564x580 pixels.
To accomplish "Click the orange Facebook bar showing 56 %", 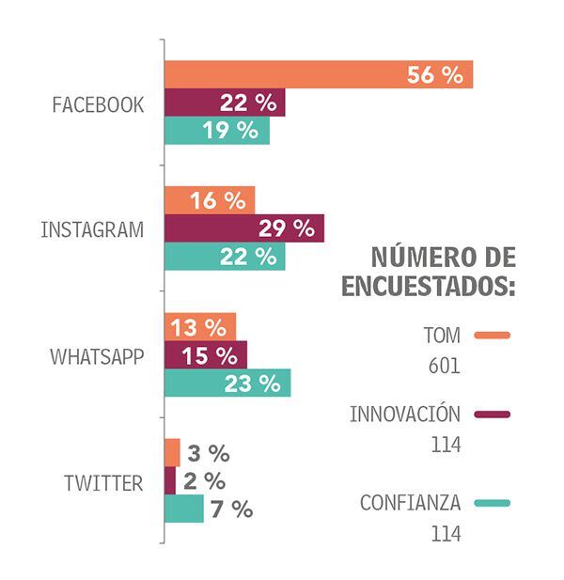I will point(318,75).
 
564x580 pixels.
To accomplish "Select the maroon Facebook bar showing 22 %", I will point(225,103).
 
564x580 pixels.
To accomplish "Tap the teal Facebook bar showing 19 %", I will point(217,131).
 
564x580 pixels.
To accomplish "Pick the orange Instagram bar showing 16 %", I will point(210,200).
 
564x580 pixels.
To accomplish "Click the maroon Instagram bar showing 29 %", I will point(244,228).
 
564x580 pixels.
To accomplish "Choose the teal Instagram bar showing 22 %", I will point(225,256).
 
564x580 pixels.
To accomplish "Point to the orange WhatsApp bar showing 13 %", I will point(200,327).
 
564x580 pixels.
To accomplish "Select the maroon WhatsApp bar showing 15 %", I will point(206,355).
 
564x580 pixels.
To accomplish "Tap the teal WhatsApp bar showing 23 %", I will point(227,383).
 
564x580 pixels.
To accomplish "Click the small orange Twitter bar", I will point(172,453).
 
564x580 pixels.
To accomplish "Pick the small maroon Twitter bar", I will point(170,480).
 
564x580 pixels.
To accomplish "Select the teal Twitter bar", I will point(184,509).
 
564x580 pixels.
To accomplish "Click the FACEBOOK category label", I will point(99,104).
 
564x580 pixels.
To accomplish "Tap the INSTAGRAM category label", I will point(92,229).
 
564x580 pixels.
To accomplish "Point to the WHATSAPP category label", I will point(97,356).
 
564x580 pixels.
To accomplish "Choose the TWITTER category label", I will point(103,483).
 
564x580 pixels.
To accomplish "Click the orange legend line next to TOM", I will point(493,335).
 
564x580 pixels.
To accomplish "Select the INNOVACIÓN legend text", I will point(405,415).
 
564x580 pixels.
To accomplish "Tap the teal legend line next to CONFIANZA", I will point(493,504).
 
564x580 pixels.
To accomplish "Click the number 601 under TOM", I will point(443,366).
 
